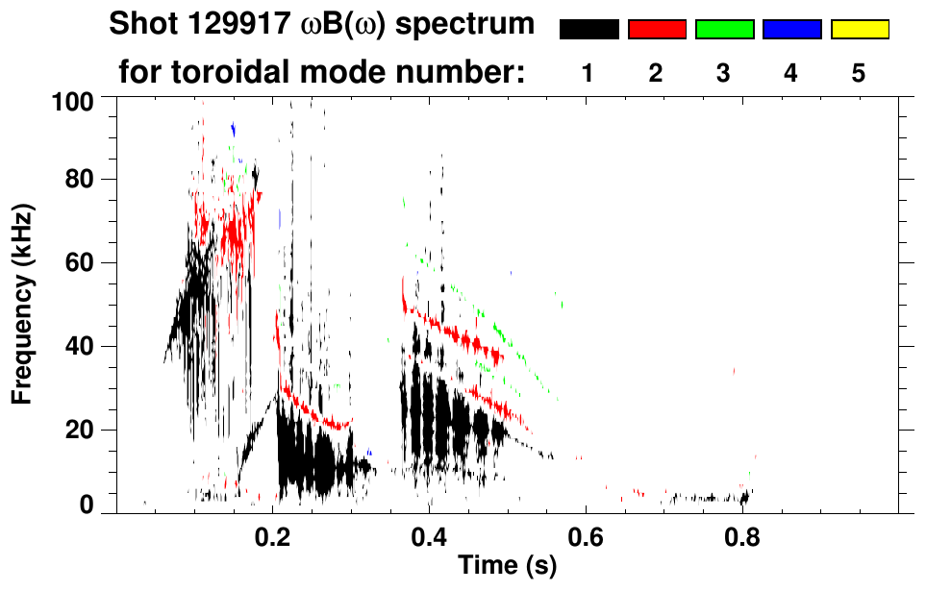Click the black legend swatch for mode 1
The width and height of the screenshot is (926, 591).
[588, 30]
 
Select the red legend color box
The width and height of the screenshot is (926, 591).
[657, 30]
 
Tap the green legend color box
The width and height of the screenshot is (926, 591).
[724, 30]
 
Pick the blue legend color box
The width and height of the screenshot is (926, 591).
[791, 30]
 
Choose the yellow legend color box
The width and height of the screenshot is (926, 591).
[859, 30]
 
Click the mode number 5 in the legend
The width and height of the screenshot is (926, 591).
[859, 73]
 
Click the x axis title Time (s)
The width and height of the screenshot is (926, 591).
[507, 567]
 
